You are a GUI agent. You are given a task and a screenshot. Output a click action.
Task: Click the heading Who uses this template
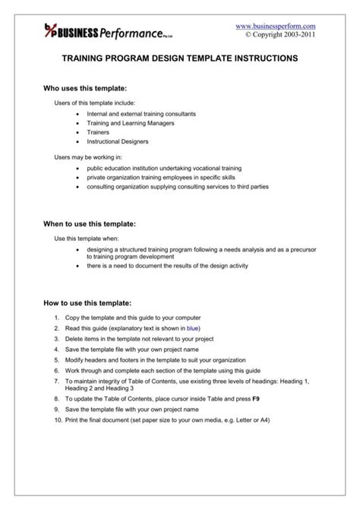pyautogui.click(x=90, y=89)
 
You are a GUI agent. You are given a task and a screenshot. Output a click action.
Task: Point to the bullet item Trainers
pyautogui.click(x=98, y=131)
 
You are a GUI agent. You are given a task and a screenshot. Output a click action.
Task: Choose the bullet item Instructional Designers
pyautogui.click(x=118, y=141)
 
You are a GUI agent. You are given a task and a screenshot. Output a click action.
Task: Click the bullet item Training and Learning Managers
pyautogui.click(x=131, y=122)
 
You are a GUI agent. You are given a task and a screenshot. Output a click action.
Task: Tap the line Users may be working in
pyautogui.click(x=88, y=157)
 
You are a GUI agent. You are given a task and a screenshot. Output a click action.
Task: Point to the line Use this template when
pyautogui.click(x=87, y=239)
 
